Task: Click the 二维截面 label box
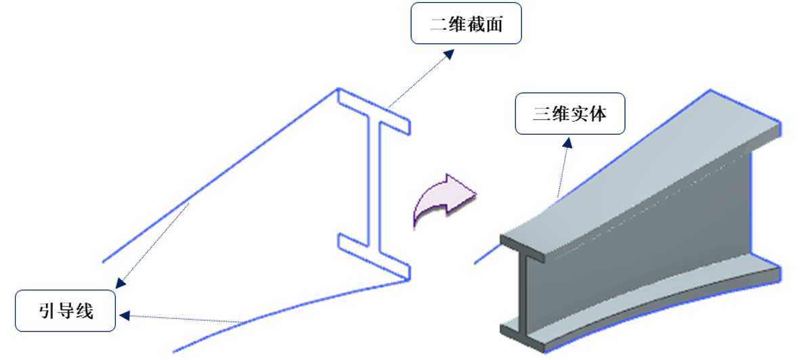point(466,25)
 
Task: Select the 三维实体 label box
point(569,114)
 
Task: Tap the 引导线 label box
point(65,311)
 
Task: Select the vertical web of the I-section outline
point(374,183)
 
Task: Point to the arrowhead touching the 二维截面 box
point(448,53)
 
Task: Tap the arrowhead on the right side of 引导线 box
point(124,315)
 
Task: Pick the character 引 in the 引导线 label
point(46,311)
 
